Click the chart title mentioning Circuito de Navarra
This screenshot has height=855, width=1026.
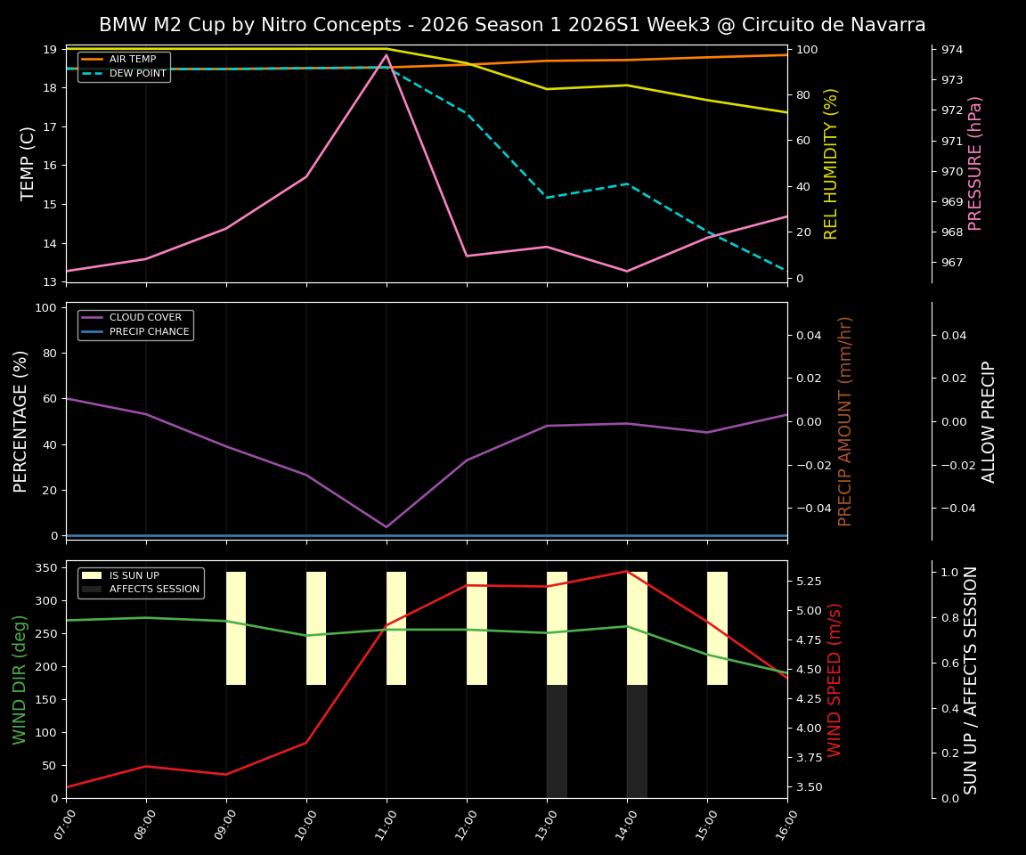pyautogui.click(x=512, y=25)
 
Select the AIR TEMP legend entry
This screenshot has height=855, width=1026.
pyautogui.click(x=132, y=60)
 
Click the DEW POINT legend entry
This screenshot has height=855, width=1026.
pyautogui.click(x=137, y=74)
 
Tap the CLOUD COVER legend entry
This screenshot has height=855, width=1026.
pyautogui.click(x=145, y=318)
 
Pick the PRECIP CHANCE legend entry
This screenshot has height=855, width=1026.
pyautogui.click(x=149, y=332)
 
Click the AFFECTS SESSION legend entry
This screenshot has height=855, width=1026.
pyautogui.click(x=154, y=590)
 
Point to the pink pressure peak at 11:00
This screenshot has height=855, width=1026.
pyautogui.click(x=387, y=54)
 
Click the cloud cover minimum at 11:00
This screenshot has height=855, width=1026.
pyautogui.click(x=387, y=526)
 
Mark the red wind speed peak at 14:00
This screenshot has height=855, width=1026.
pyautogui.click(x=627, y=571)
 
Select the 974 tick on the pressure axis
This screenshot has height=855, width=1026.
pyautogui.click(x=952, y=49)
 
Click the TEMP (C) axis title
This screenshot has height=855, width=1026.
pyautogui.click(x=28, y=163)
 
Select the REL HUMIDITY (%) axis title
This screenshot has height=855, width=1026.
pyautogui.click(x=831, y=163)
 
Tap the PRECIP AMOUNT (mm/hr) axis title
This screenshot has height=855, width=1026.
pyautogui.click(x=845, y=420)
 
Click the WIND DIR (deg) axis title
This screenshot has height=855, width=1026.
pyautogui.click(x=20, y=679)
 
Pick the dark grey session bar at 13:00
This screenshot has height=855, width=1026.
pyautogui.click(x=557, y=741)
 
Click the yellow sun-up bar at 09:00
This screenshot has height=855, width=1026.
pyautogui.click(x=236, y=628)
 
